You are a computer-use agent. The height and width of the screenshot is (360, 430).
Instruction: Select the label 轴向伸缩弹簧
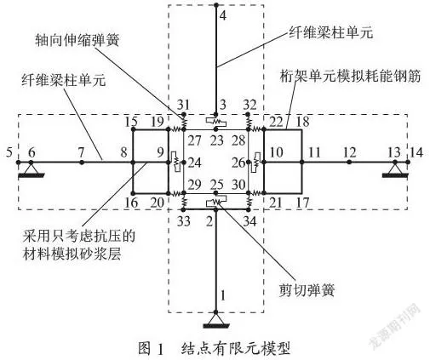77,40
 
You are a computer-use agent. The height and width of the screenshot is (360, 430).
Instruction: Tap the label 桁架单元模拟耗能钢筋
350,76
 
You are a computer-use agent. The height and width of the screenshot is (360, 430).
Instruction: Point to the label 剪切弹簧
307,290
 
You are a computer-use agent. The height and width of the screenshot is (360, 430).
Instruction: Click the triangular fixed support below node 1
215,320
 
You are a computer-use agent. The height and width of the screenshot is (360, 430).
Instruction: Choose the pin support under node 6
32,170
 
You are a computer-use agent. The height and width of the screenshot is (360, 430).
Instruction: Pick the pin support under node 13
395,170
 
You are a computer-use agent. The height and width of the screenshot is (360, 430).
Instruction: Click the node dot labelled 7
82,163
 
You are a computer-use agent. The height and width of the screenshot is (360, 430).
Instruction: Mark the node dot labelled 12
349,162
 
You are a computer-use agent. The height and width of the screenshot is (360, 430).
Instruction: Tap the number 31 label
183,105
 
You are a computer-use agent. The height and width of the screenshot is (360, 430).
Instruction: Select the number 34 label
250,221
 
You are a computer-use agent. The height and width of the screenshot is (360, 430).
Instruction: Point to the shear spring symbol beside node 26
257,162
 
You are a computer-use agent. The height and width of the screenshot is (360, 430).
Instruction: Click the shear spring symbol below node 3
216,122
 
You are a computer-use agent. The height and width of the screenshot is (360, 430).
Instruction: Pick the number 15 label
130,122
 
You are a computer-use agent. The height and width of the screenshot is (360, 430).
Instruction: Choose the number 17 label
302,203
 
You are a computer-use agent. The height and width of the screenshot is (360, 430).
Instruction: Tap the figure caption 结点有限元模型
236,348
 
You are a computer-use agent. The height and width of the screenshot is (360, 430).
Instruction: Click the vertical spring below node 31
184,123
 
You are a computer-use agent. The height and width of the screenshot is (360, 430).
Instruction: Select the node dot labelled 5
19,163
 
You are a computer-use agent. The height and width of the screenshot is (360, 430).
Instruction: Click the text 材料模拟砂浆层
72,254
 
